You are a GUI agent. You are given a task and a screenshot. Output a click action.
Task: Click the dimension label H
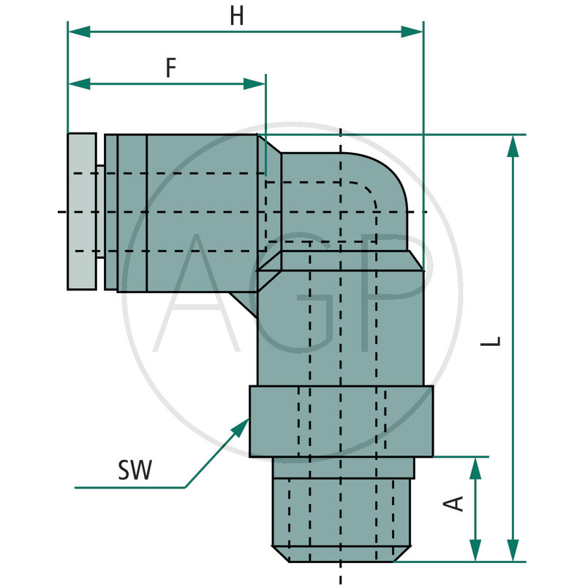236,17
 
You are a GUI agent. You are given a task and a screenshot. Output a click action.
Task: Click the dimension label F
170,68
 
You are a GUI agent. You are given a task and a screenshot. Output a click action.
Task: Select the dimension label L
495,340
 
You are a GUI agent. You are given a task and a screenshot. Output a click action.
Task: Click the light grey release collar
81,211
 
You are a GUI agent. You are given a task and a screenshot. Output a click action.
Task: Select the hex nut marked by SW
341,421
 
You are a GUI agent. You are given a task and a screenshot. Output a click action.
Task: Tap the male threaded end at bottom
341,512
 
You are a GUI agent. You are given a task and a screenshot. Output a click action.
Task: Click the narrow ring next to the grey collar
110,212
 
